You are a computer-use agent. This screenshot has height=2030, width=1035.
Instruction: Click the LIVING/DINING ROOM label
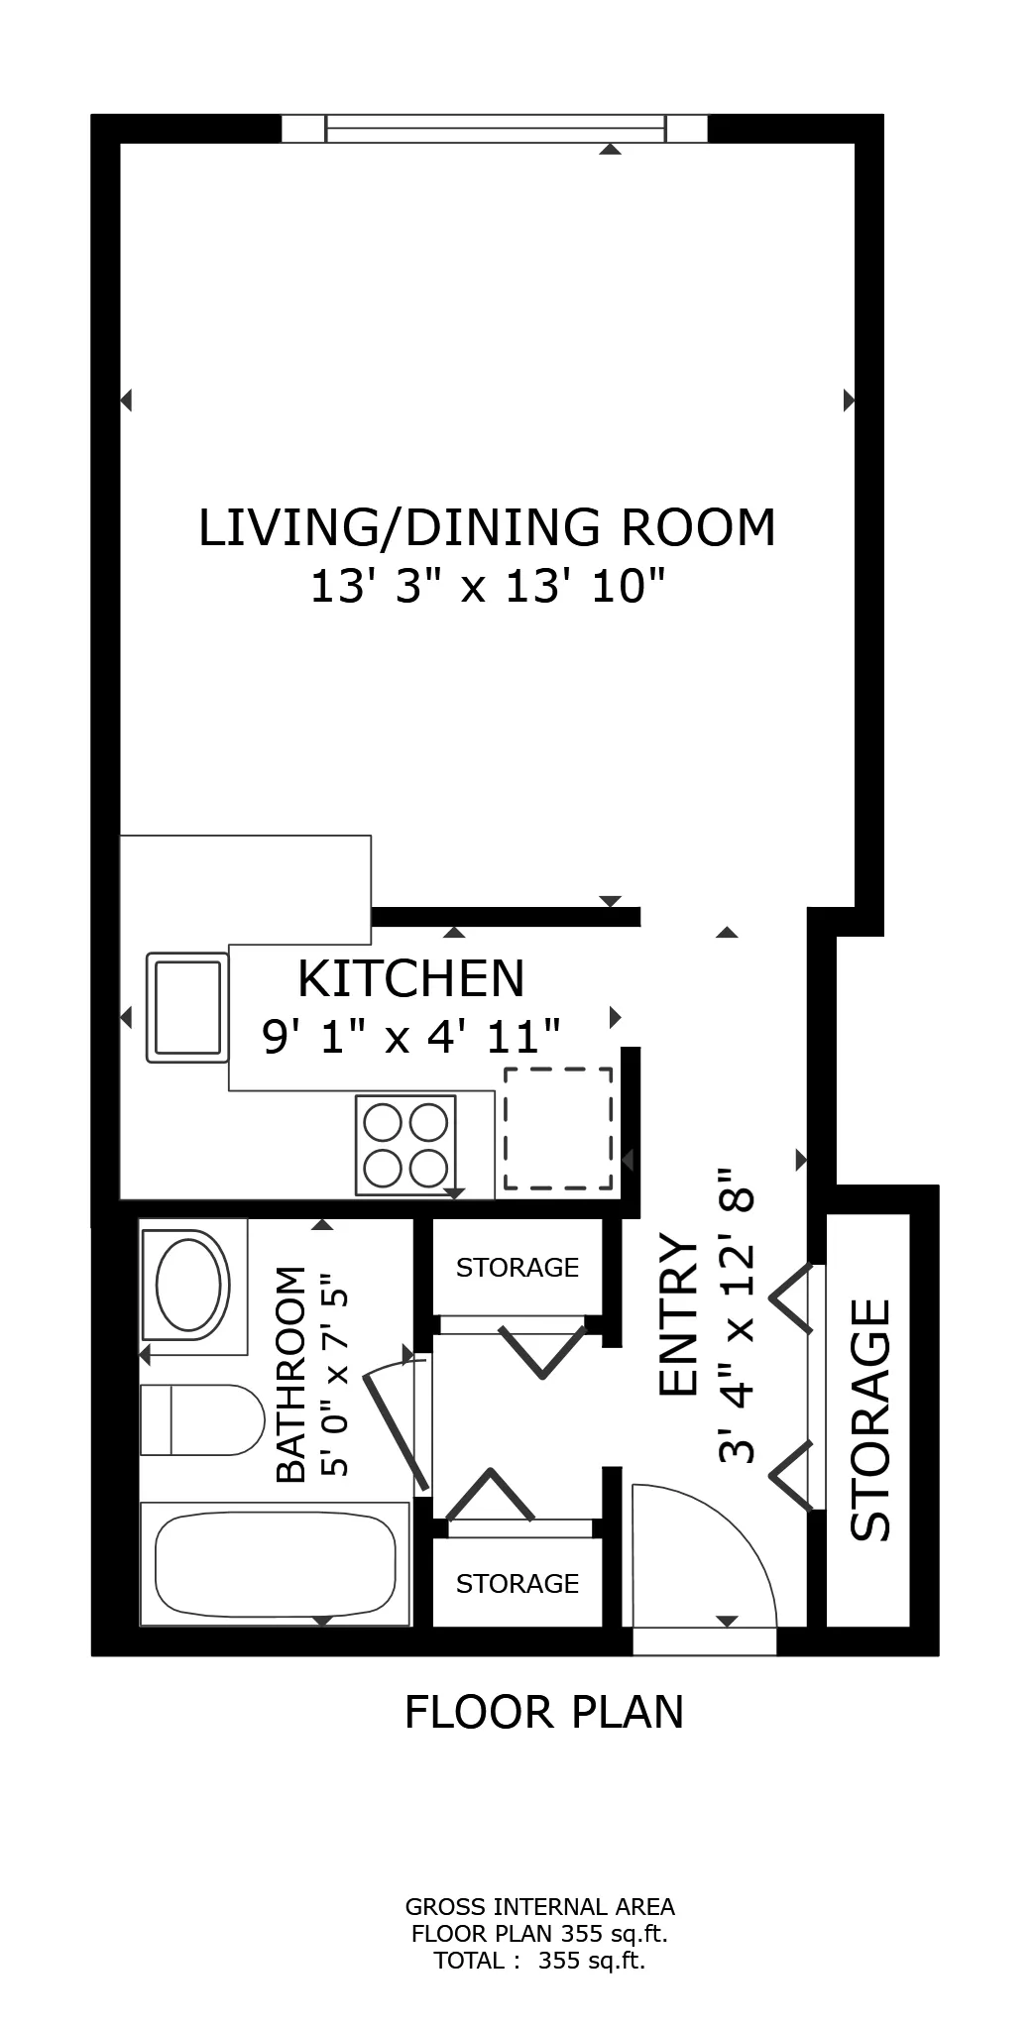(487, 527)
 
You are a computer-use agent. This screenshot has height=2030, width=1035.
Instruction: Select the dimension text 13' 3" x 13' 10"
(487, 586)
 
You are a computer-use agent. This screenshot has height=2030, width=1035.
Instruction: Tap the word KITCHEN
(410, 978)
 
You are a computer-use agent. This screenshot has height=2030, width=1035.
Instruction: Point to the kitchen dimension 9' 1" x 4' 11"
(410, 1037)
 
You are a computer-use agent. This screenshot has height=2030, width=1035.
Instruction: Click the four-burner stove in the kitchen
(405, 1145)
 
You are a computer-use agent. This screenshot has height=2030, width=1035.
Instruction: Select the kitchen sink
(186, 1007)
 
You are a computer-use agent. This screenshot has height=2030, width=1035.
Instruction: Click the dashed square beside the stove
(557, 1128)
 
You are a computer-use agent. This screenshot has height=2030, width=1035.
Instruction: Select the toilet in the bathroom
(200, 1419)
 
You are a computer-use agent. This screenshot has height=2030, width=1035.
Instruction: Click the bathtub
(275, 1564)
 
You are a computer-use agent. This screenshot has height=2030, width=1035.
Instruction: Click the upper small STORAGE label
(517, 1268)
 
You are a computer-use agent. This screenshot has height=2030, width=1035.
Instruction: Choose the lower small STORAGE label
(517, 1584)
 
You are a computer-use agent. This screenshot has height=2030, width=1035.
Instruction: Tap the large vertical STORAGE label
(871, 1419)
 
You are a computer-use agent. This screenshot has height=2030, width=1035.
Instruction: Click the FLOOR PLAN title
(544, 1712)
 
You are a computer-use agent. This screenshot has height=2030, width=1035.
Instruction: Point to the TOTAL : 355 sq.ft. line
(539, 1961)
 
